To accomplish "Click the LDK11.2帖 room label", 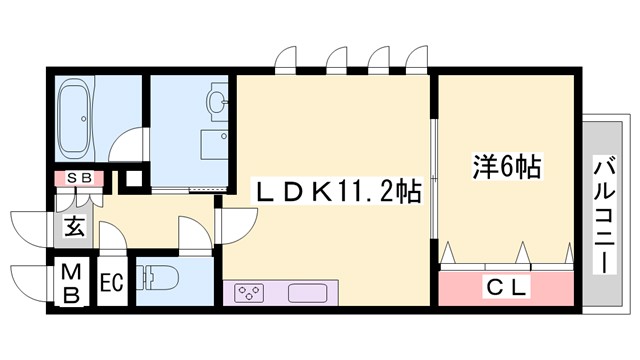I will tap(335, 188).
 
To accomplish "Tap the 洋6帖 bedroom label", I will tap(506, 166).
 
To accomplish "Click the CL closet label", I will tap(507, 286).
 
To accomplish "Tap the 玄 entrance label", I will tap(75, 227).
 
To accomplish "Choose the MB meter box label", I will tap(73, 283).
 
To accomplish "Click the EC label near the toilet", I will tap(111, 283).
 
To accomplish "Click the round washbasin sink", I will tap(216, 101).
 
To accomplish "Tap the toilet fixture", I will tap(161, 277).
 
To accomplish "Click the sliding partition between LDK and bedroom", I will tap(433, 180).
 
